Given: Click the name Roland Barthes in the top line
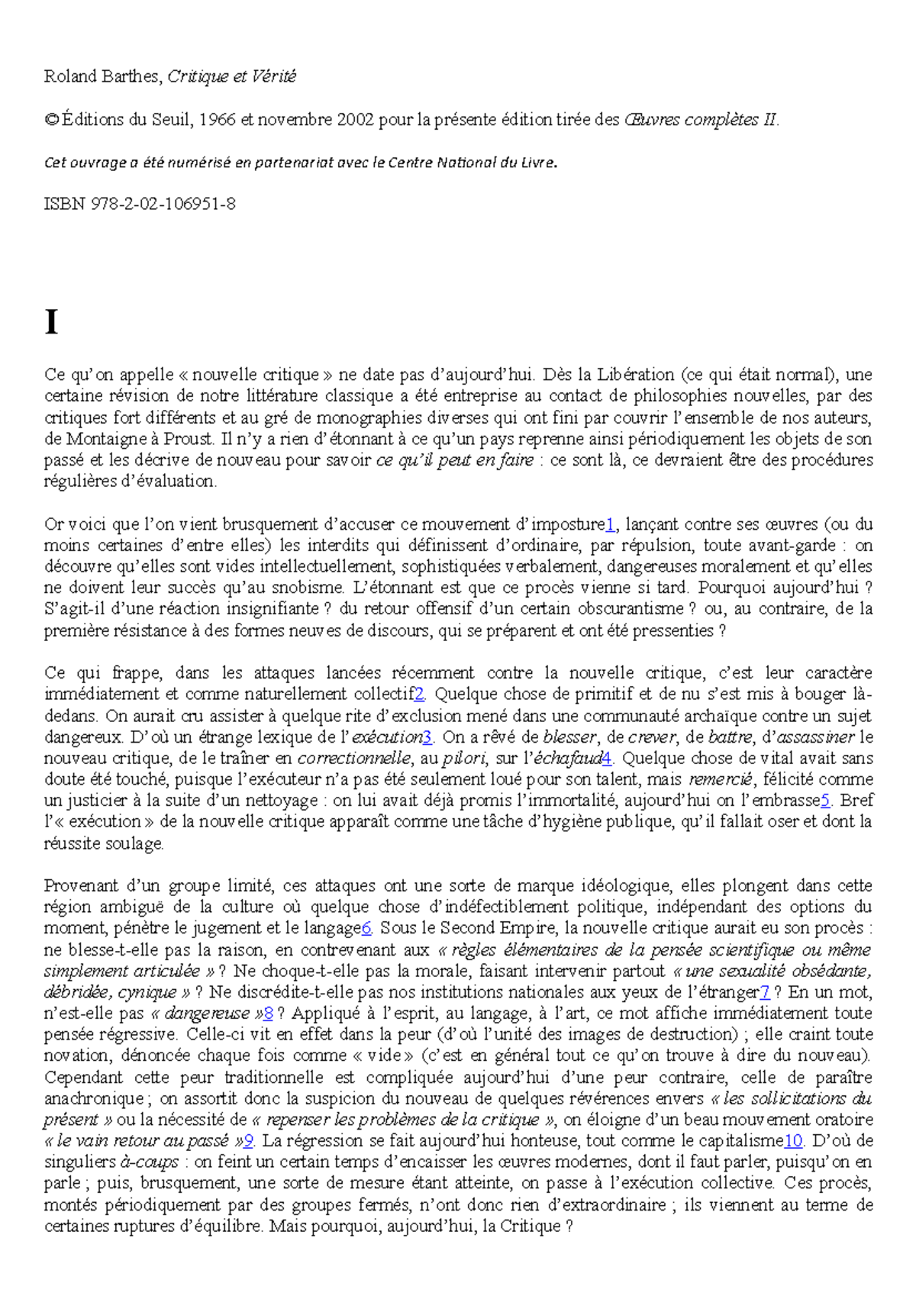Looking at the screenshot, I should tap(102, 76).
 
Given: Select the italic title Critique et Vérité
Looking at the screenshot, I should tap(231, 76).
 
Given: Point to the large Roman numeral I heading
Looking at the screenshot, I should tap(51, 323).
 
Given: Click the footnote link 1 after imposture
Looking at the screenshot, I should tap(610, 524).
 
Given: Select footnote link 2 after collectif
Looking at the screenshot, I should tap(419, 695).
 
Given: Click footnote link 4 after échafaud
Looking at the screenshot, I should tap(607, 759).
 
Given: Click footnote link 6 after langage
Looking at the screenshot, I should tap(366, 929).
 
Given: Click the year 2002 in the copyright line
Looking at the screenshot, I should tap(355, 120).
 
